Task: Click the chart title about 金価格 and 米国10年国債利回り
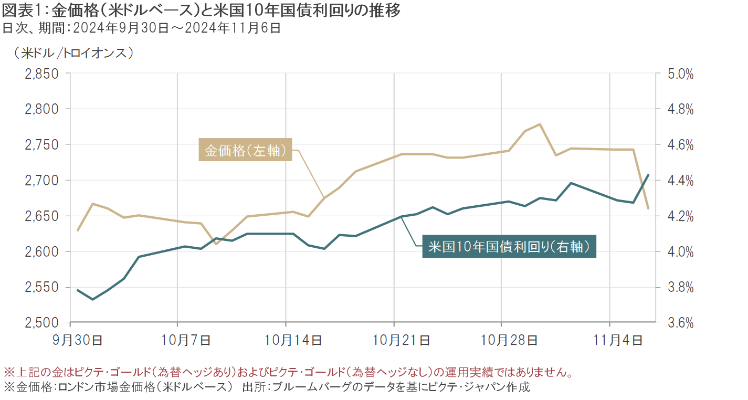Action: [x=202, y=11]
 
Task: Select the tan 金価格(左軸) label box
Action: [x=245, y=150]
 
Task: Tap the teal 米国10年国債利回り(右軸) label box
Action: [x=509, y=246]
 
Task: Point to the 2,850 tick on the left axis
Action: [x=42, y=74]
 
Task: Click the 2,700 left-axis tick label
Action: [x=42, y=181]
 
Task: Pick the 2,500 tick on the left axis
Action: [x=42, y=323]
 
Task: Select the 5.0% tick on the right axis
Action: [x=678, y=74]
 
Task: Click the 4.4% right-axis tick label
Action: [x=678, y=181]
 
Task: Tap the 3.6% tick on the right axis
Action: [x=678, y=323]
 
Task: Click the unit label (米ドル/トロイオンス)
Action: [x=71, y=52]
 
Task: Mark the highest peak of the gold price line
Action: [x=540, y=124]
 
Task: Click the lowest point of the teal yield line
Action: [x=93, y=299]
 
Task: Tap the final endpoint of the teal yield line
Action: [x=648, y=175]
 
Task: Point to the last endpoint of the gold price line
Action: [x=648, y=208]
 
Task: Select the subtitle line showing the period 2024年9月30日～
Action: [x=142, y=28]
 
